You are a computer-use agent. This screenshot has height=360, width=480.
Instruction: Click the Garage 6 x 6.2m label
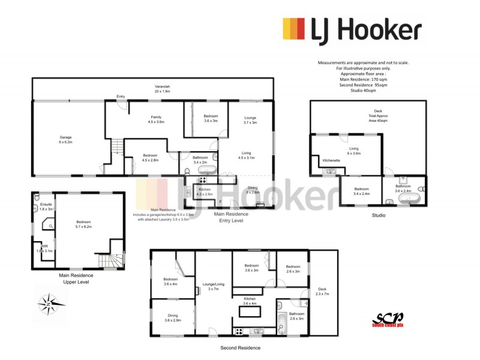click(65, 140)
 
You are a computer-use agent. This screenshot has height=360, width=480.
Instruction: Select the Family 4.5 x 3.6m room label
click(155, 119)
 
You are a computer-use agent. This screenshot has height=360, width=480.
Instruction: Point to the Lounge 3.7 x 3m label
click(250, 120)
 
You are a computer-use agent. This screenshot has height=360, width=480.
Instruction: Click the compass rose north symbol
click(47, 304)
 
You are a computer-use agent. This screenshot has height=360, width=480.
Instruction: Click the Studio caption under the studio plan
click(378, 215)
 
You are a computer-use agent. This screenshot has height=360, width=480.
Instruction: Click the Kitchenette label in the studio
click(331, 161)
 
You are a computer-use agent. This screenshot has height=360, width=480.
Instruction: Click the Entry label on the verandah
click(121, 96)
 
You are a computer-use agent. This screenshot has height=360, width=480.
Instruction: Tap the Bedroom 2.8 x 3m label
click(293, 269)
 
